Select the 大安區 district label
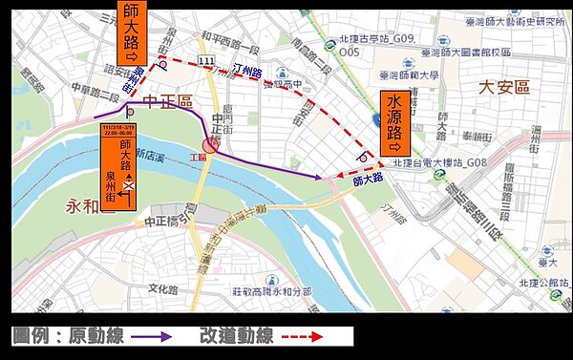503,87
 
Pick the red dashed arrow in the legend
314,337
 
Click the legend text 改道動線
236,337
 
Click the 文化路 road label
162,288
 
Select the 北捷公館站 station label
529,281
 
